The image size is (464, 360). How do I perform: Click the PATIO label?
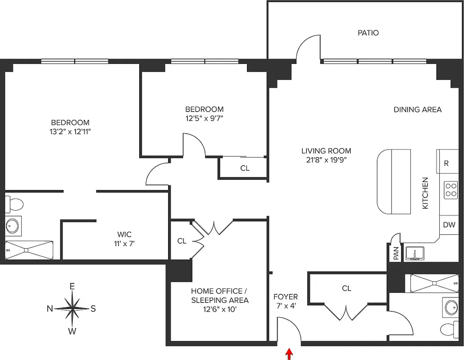pyautogui.click(x=368, y=33)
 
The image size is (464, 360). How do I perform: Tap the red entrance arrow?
pyautogui.click(x=288, y=354)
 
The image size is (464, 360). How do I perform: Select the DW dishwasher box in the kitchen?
pyautogui.click(x=448, y=225)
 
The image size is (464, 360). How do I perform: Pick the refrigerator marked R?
pyautogui.click(x=446, y=163)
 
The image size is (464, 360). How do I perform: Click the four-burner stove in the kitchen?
pyautogui.click(x=450, y=190)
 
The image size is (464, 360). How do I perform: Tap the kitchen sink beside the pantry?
pyautogui.click(x=414, y=254)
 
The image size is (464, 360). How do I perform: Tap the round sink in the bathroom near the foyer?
pyautogui.click(x=450, y=307)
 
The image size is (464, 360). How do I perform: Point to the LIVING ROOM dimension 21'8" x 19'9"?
pyautogui.click(x=326, y=159)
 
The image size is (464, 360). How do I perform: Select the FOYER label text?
pyautogui.click(x=286, y=297)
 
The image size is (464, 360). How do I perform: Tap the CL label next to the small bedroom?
pyautogui.click(x=245, y=168)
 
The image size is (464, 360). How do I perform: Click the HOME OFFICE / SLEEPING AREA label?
pyautogui.click(x=219, y=296)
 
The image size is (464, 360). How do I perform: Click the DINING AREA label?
pyautogui.click(x=417, y=109)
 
